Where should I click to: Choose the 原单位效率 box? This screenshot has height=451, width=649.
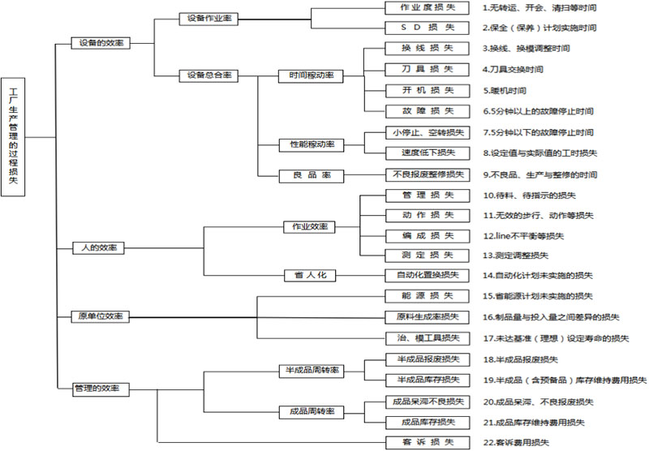(101, 316)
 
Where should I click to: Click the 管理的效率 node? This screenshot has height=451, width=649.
(101, 389)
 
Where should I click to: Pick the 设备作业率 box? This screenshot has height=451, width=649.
(208, 18)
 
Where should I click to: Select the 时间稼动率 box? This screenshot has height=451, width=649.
(311, 76)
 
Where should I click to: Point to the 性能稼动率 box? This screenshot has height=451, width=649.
(311, 144)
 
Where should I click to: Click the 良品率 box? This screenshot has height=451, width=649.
(311, 175)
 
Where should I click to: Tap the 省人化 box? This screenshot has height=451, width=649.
(310, 276)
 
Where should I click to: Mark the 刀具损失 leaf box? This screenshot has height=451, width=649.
(427, 69)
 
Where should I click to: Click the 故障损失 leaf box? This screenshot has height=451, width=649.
(427, 110)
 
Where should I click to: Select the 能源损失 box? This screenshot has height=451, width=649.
(427, 295)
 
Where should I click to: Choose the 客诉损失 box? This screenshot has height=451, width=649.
(427, 441)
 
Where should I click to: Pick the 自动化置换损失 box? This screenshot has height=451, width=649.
(427, 276)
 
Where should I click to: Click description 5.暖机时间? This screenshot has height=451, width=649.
(504, 90)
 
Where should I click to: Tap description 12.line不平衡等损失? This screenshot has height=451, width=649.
(523, 235)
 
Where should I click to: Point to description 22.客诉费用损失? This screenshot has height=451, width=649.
(516, 442)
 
